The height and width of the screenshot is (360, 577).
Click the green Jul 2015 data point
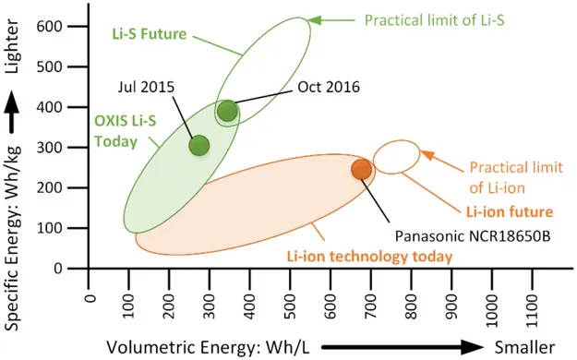pos(199,145)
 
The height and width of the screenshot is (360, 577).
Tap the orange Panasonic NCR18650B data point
pos(361,169)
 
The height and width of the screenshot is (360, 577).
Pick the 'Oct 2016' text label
pos(328,88)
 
